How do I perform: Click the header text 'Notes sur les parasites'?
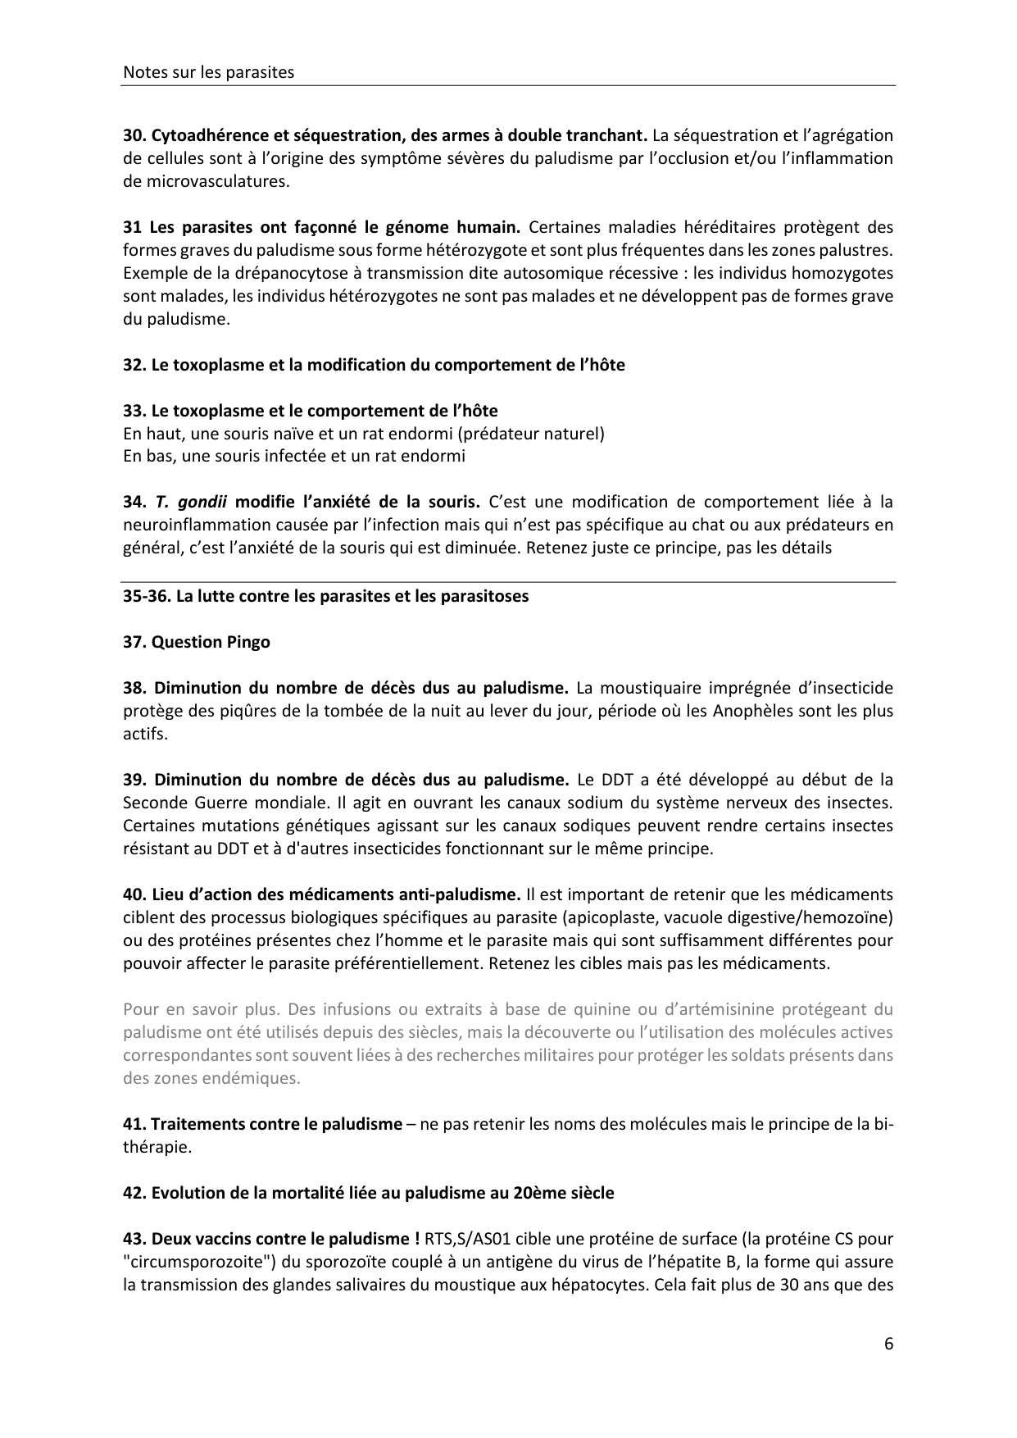tap(208, 72)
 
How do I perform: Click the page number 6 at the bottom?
tap(888, 1344)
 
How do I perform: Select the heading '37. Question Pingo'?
tap(197, 642)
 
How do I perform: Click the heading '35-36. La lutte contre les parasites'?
tap(325, 596)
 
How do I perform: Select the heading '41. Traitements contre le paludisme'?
tap(262, 1124)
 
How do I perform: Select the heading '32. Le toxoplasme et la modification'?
tap(373, 365)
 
